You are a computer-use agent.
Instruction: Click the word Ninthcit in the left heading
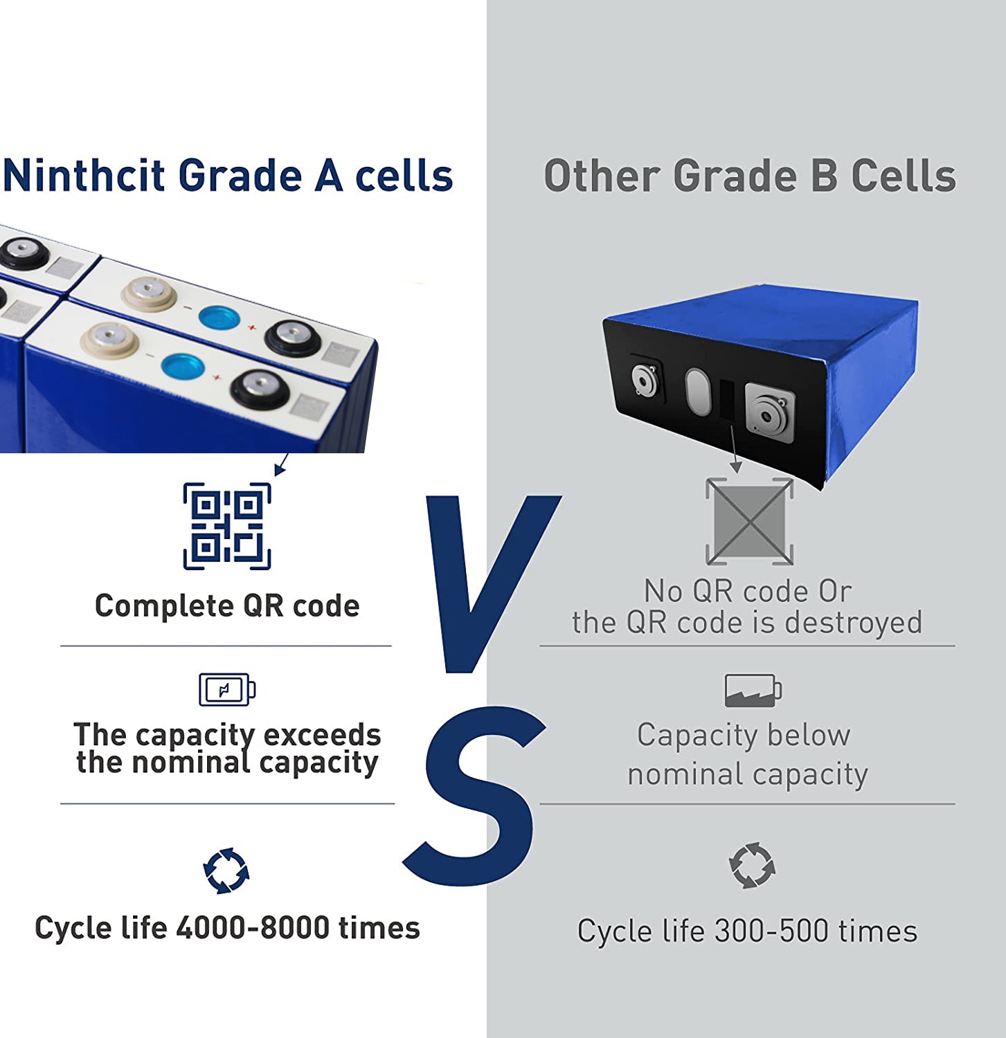click(84, 175)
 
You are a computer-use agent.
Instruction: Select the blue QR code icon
click(227, 527)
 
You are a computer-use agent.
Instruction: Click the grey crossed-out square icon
click(750, 521)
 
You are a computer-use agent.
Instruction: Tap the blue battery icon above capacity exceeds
click(227, 689)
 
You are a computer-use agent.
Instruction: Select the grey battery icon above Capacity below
click(753, 690)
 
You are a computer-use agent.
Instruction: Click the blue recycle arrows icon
click(226, 871)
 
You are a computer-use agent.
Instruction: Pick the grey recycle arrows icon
click(753, 865)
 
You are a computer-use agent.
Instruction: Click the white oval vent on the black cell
click(698, 392)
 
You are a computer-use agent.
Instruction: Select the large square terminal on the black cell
click(769, 412)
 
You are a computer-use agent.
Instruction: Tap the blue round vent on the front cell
click(183, 366)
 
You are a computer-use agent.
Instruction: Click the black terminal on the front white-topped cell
click(260, 390)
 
